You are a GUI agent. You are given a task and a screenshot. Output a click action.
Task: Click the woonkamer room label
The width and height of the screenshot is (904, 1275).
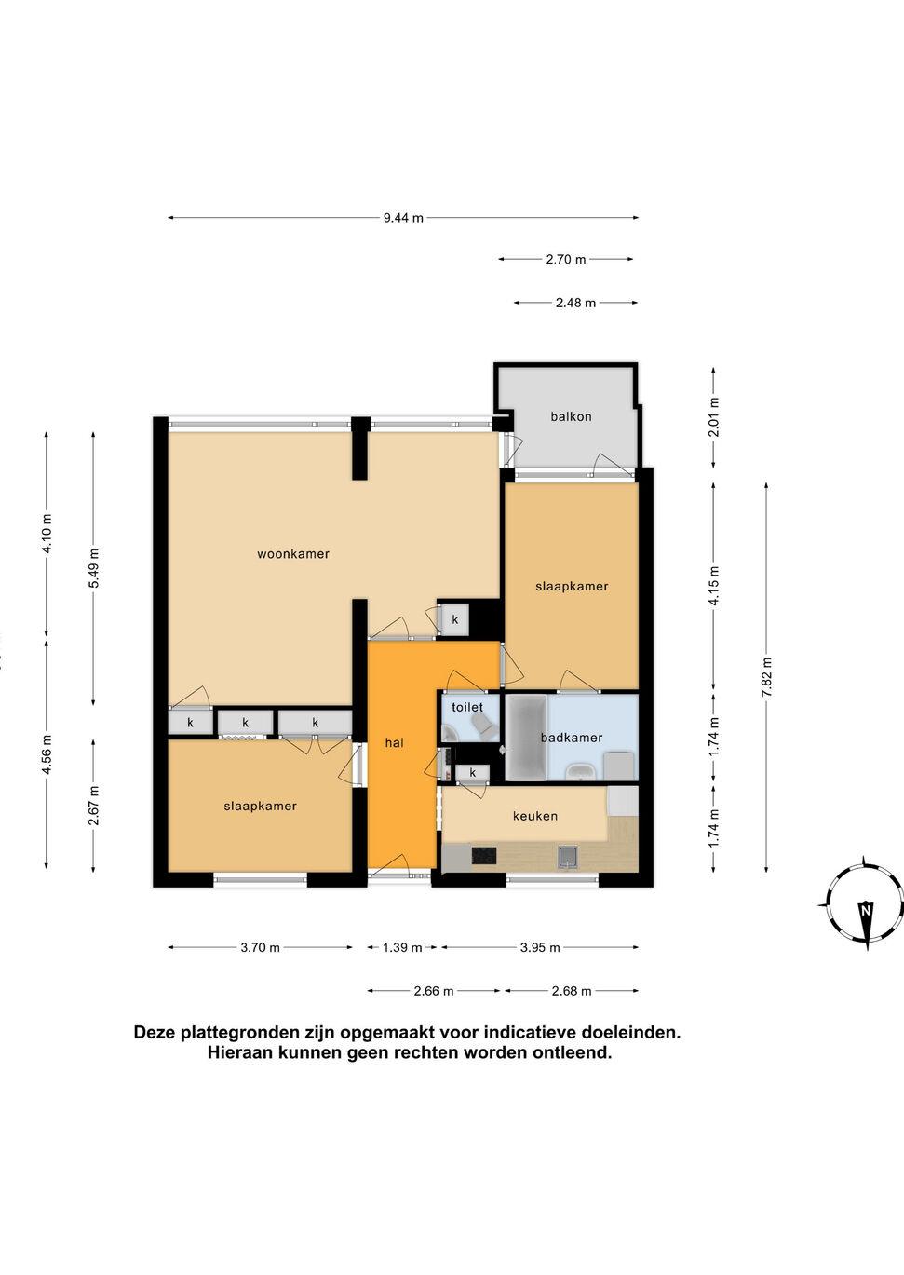(293, 554)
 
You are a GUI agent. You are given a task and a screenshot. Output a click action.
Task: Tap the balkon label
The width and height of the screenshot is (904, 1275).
(571, 416)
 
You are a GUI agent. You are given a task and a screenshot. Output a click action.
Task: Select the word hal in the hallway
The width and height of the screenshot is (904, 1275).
(394, 743)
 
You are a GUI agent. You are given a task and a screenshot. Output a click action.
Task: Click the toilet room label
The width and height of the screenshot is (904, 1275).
(467, 707)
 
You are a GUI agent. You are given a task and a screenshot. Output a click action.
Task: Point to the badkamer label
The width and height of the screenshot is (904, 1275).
(572, 739)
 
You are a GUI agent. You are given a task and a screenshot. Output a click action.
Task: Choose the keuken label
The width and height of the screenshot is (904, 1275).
(534, 816)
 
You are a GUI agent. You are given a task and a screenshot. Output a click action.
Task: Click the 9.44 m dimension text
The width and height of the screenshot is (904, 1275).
(403, 218)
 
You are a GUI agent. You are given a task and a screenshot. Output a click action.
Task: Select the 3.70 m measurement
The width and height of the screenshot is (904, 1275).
(260, 948)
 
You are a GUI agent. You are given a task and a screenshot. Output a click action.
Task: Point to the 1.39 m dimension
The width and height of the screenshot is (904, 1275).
(402, 948)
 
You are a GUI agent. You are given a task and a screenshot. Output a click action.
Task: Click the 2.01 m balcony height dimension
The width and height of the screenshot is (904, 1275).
(714, 417)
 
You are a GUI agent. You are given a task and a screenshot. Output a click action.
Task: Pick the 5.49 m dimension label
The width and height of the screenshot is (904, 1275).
(94, 568)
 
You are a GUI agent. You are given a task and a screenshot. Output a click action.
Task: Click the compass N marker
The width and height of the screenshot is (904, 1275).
(866, 910)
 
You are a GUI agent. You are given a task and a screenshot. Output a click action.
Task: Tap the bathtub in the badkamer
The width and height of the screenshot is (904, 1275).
(526, 738)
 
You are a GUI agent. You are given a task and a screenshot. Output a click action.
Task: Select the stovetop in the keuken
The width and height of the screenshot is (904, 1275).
(483, 855)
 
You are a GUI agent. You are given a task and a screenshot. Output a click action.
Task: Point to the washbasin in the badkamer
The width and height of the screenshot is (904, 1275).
(580, 772)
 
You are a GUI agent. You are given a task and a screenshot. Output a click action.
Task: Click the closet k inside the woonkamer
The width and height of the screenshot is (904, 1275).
(455, 619)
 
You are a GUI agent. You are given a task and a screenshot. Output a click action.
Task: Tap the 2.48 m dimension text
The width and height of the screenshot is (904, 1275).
(575, 304)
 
